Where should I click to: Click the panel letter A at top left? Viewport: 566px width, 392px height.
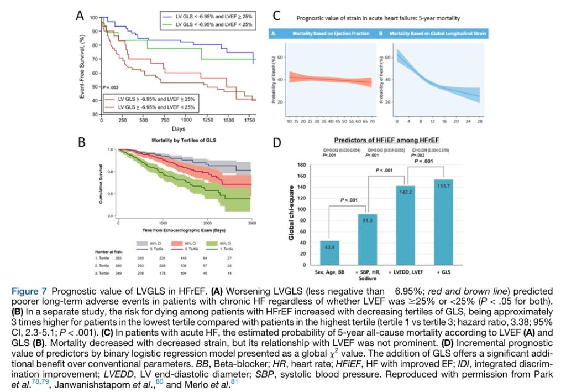click(80, 17)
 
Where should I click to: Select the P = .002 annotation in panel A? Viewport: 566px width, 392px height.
click(111, 87)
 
